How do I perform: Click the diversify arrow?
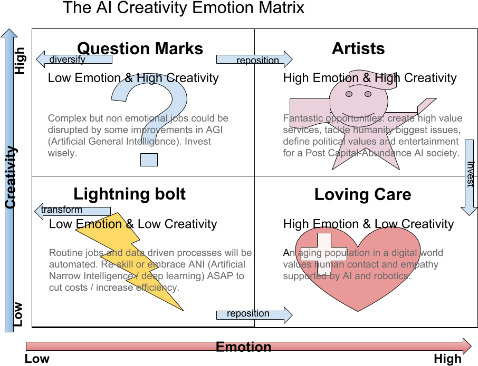[74, 59]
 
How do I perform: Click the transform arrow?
[72, 210]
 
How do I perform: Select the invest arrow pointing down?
[469, 179]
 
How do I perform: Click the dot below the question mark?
[149, 159]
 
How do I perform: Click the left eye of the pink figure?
[349, 94]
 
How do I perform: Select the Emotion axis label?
[244, 347]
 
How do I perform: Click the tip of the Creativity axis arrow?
[9, 31]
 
